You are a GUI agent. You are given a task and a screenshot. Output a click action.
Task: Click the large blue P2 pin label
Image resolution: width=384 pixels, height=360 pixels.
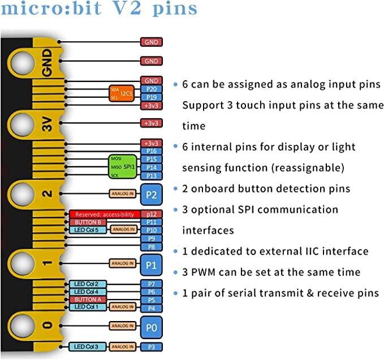click(151, 193)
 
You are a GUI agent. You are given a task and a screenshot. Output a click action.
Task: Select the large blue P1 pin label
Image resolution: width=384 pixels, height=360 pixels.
click(151, 263)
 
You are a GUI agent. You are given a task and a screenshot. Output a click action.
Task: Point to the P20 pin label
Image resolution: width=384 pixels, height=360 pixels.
click(151, 89)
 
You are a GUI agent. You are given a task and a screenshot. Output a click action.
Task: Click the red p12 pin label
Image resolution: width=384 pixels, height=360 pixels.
click(151, 214)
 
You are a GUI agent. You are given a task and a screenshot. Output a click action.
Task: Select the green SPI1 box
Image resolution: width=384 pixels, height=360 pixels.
click(123, 167)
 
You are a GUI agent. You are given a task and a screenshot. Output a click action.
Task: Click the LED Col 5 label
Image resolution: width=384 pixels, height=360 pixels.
click(88, 230)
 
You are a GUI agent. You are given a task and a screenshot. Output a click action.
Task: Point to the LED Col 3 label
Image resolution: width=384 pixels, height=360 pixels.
click(88, 346)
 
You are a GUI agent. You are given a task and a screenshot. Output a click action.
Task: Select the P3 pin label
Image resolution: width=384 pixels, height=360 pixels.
click(151, 346)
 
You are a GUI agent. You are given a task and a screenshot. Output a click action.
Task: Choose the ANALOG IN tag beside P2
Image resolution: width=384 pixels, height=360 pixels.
click(123, 193)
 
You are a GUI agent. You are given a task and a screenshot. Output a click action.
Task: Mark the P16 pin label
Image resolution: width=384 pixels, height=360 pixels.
click(151, 151)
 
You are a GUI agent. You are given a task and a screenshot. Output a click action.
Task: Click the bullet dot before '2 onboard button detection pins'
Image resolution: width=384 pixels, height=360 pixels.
click(175, 189)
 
